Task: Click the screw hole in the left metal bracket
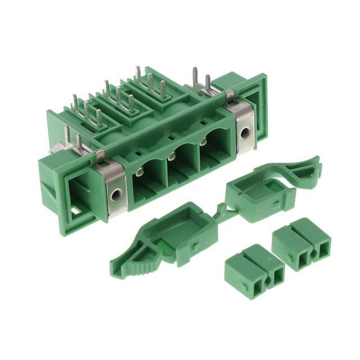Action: click(115, 195)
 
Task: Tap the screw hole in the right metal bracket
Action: click(244, 133)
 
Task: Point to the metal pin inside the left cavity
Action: click(138, 173)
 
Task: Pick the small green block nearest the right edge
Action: click(301, 242)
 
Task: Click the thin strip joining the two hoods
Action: click(222, 213)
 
